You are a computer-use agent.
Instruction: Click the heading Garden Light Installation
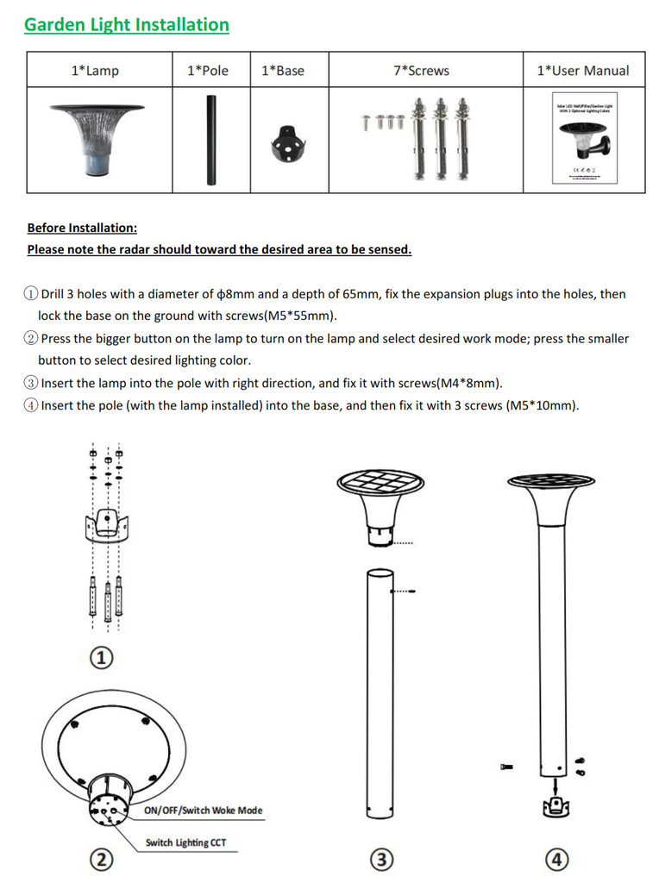(x=127, y=25)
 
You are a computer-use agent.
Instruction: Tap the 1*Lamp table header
(x=95, y=71)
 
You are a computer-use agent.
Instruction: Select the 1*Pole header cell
(x=208, y=71)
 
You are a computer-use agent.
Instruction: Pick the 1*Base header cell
(x=283, y=71)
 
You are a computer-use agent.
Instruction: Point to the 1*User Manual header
(x=583, y=71)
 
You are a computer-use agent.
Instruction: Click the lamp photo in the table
(x=97, y=138)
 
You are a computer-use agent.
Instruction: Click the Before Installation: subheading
(x=82, y=228)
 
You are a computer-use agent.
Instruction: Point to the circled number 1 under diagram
(x=103, y=658)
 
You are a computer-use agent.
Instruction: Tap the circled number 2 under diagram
(x=101, y=859)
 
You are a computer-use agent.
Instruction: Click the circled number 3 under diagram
(x=381, y=859)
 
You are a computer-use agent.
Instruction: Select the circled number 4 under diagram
(x=557, y=859)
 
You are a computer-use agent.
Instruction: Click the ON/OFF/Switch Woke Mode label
(x=203, y=811)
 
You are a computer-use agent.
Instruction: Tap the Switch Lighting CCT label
(x=185, y=842)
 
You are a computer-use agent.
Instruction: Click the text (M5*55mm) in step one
(x=300, y=316)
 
